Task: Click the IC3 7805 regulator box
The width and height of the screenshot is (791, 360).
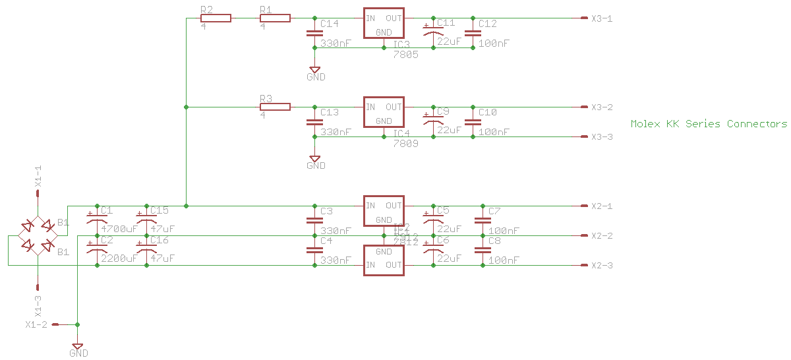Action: click(x=384, y=24)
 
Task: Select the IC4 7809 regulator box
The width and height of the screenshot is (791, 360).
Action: click(x=384, y=113)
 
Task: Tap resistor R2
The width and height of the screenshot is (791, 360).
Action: click(x=216, y=18)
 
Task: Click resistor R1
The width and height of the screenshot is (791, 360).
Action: click(x=275, y=18)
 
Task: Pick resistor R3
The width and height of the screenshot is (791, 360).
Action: click(x=275, y=107)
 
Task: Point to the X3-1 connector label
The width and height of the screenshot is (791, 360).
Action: click(x=602, y=18)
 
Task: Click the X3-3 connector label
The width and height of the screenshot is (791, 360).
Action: click(x=602, y=136)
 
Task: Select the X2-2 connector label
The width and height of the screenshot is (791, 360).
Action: click(x=602, y=236)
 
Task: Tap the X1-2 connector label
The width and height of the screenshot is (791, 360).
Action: click(x=36, y=325)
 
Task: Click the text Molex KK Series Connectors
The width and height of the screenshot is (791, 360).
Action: click(x=709, y=124)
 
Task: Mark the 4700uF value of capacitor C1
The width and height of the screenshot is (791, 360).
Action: click(x=119, y=229)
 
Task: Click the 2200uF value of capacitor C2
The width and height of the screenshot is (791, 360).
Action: click(x=119, y=259)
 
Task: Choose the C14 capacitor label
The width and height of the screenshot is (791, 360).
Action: click(x=329, y=24)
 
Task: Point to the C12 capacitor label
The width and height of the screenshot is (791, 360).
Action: click(x=488, y=24)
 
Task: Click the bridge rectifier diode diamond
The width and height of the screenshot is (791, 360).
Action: click(x=38, y=235)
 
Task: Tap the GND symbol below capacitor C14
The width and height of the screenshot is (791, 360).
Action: click(x=315, y=70)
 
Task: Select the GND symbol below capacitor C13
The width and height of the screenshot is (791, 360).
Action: click(x=315, y=159)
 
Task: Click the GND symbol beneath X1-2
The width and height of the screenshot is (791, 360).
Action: click(x=78, y=347)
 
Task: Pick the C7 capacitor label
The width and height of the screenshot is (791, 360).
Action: click(x=494, y=211)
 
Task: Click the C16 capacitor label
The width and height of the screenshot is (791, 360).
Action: click(x=160, y=240)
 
